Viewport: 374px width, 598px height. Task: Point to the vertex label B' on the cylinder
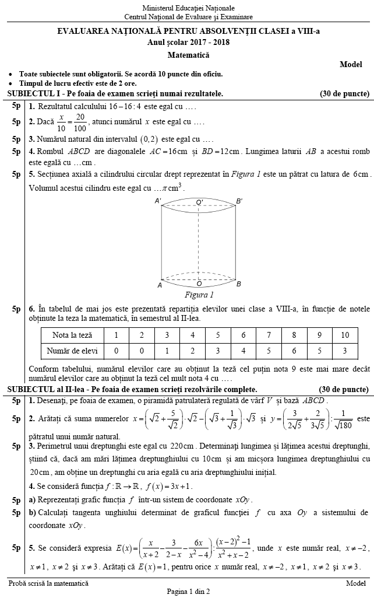[239, 201]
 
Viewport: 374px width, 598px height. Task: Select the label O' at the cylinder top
[199, 202]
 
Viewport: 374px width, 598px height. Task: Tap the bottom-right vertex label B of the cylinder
[238, 284]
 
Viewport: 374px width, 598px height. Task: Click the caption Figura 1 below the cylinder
[199, 295]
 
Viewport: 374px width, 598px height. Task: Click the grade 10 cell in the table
[345, 335]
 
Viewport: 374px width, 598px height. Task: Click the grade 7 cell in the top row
[269, 335]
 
